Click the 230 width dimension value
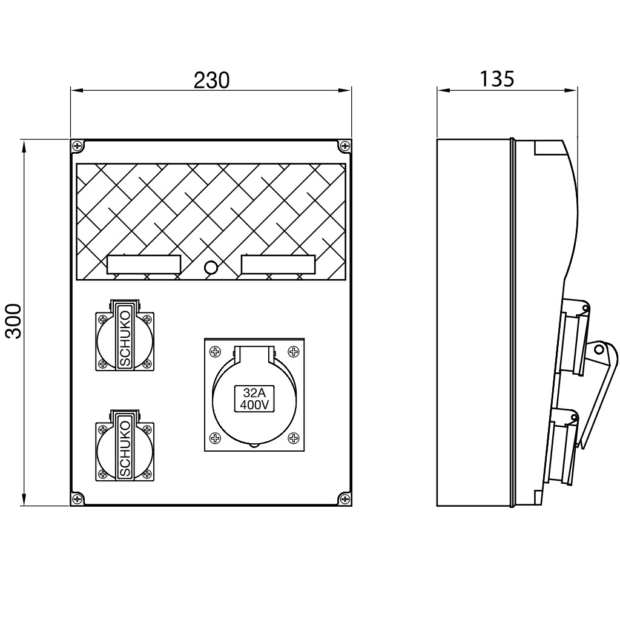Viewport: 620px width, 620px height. pyautogui.click(x=211, y=80)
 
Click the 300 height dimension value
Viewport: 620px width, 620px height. pyautogui.click(x=15, y=321)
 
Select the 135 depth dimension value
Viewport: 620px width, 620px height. pyautogui.click(x=496, y=79)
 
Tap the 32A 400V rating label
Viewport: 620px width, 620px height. pyautogui.click(x=255, y=398)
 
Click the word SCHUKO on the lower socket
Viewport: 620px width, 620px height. pyautogui.click(x=125, y=449)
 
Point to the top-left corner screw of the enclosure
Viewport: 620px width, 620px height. pyautogui.click(x=77, y=147)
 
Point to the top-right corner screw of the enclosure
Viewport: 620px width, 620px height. pyautogui.click(x=345, y=147)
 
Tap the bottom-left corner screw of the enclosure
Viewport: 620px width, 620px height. pyautogui.click(x=77, y=499)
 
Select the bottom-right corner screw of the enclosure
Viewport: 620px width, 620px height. pyautogui.click(x=345, y=499)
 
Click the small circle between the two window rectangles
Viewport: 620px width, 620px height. pyautogui.click(x=211, y=268)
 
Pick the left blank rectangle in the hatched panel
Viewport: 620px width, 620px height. pyautogui.click(x=144, y=265)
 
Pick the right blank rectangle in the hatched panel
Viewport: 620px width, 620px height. pyautogui.click(x=279, y=265)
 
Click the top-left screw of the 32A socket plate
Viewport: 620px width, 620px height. pyautogui.click(x=215, y=351)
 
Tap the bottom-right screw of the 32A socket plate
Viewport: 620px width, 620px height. pyautogui.click(x=294, y=438)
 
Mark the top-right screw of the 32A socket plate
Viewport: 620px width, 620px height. pyautogui.click(x=294, y=351)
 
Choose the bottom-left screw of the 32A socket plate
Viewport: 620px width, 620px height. pyautogui.click(x=215, y=438)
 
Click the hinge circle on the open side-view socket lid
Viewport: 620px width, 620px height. pyautogui.click(x=599, y=349)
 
